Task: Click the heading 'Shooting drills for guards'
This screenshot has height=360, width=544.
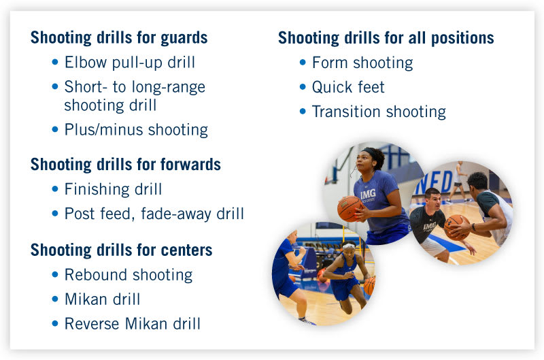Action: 119,37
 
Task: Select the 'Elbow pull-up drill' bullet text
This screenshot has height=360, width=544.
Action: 129,63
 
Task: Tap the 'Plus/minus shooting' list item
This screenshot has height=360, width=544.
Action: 136,129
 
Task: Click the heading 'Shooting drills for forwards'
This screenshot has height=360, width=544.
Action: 126,164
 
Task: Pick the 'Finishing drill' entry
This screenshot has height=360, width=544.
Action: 113,189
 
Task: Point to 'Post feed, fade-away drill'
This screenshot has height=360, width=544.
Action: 154,214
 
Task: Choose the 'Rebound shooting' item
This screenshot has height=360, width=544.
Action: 129,275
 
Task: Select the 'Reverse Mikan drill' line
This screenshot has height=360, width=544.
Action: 133,324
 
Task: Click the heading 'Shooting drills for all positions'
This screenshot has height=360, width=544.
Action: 386,37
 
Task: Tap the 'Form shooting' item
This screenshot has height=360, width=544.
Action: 362,63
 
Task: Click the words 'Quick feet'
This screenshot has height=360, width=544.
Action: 348,87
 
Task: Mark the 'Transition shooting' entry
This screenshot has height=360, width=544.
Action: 379,112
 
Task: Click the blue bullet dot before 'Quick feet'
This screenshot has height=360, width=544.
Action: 303,87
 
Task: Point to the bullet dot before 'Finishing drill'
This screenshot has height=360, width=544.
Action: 55,189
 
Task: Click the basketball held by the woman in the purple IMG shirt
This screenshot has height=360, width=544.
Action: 350,208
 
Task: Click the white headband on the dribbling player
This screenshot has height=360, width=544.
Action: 349,246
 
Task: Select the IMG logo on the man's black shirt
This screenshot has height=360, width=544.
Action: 429,226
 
